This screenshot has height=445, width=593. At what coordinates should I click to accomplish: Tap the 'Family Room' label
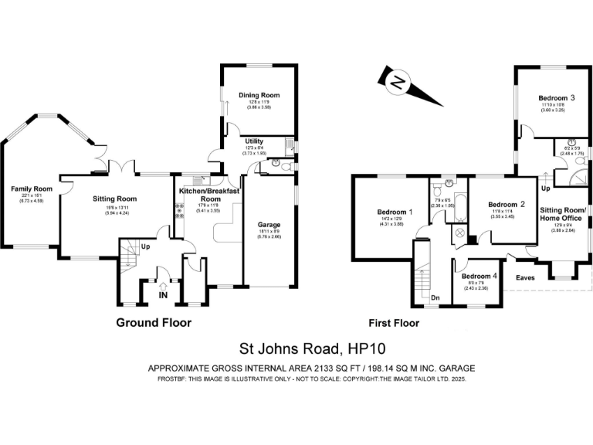point(32,189)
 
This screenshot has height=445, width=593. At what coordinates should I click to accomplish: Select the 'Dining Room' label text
point(259,95)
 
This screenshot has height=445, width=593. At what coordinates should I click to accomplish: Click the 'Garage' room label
point(269,225)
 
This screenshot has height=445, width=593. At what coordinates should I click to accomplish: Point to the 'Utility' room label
point(254,141)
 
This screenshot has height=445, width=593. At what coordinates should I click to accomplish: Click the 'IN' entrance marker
point(163,295)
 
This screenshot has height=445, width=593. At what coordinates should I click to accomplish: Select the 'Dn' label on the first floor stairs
point(435,296)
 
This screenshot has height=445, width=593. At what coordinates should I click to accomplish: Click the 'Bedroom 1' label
point(395,212)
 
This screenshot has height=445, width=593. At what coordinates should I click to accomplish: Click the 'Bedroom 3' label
point(556,98)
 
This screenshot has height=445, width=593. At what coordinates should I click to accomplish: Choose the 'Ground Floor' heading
point(154,322)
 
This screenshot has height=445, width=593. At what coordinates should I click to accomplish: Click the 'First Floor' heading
point(395,323)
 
